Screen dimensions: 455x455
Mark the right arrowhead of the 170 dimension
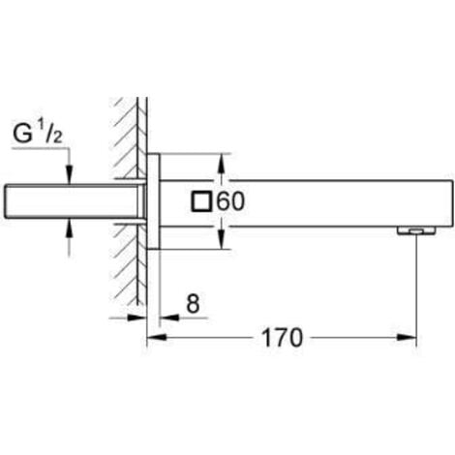click(x=411, y=338)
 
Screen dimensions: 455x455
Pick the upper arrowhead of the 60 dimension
click(x=225, y=162)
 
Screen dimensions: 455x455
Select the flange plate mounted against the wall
click(x=152, y=202)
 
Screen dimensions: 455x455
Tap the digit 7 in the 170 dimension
click(x=282, y=338)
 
